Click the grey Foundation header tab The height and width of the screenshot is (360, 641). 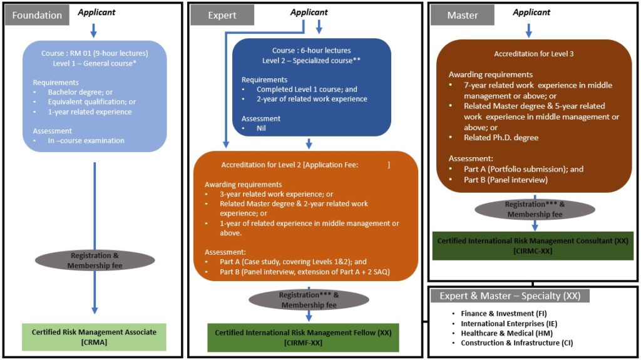tap(38, 15)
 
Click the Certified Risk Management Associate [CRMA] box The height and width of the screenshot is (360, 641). tap(95, 336)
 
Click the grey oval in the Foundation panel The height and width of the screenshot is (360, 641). tap(95, 260)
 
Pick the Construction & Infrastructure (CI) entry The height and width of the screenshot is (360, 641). tap(516, 343)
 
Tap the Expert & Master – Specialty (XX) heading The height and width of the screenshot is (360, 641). tap(509, 296)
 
